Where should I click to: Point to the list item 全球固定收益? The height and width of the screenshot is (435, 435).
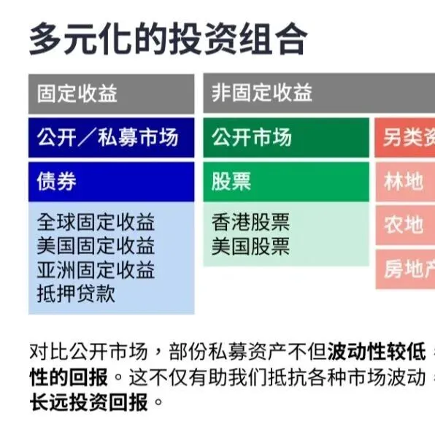(x=96, y=222)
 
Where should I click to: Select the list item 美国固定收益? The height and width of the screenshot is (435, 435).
(x=96, y=246)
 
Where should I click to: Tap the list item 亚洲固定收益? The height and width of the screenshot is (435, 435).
(x=96, y=270)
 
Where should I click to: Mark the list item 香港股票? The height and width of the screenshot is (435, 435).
(x=250, y=222)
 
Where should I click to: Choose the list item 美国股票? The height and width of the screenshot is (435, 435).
(x=250, y=246)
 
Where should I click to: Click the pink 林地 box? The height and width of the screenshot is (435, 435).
(x=404, y=182)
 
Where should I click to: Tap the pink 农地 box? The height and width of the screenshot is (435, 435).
(x=404, y=225)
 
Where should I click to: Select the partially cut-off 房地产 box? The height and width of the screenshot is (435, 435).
(x=407, y=269)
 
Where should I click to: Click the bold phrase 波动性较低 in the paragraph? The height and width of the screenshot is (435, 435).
(x=377, y=352)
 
